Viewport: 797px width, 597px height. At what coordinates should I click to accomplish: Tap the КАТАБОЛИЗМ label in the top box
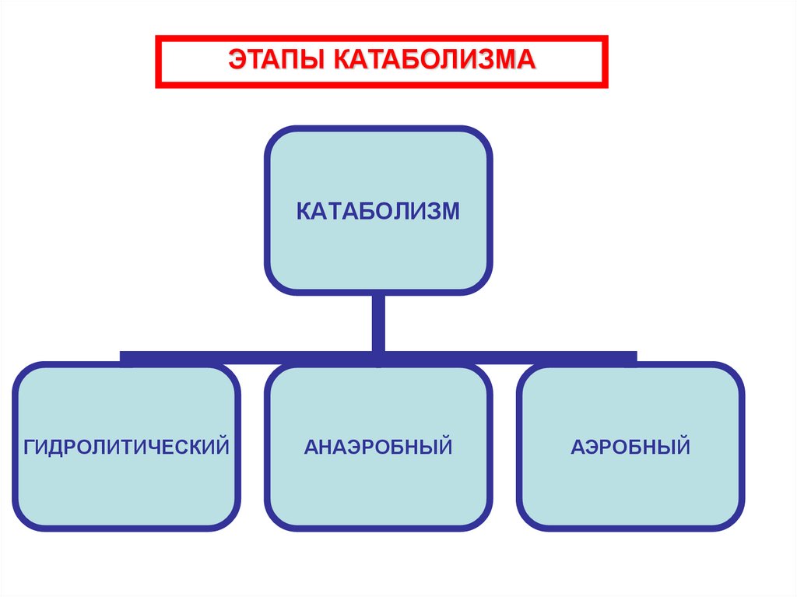[x=378, y=211]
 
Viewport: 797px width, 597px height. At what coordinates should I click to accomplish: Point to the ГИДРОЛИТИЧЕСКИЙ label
[x=126, y=447]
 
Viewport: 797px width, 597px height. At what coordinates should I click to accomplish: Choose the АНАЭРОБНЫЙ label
[x=378, y=447]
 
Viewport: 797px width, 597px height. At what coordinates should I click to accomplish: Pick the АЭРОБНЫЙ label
[x=630, y=447]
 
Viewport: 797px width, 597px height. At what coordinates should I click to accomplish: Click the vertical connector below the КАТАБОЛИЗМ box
[x=378, y=322]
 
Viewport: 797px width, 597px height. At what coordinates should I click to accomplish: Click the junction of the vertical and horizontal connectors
[x=378, y=356]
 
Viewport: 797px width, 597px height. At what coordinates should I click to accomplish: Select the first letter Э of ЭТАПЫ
[x=236, y=60]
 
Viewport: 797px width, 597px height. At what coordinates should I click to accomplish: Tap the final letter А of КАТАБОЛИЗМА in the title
[x=528, y=60]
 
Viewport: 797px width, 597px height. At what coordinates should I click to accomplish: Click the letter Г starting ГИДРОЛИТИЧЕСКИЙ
[x=29, y=447]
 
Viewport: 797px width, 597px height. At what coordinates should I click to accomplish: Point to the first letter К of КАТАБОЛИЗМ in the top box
[x=304, y=211]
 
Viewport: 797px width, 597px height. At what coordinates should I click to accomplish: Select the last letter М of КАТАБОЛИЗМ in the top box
[x=451, y=211]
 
